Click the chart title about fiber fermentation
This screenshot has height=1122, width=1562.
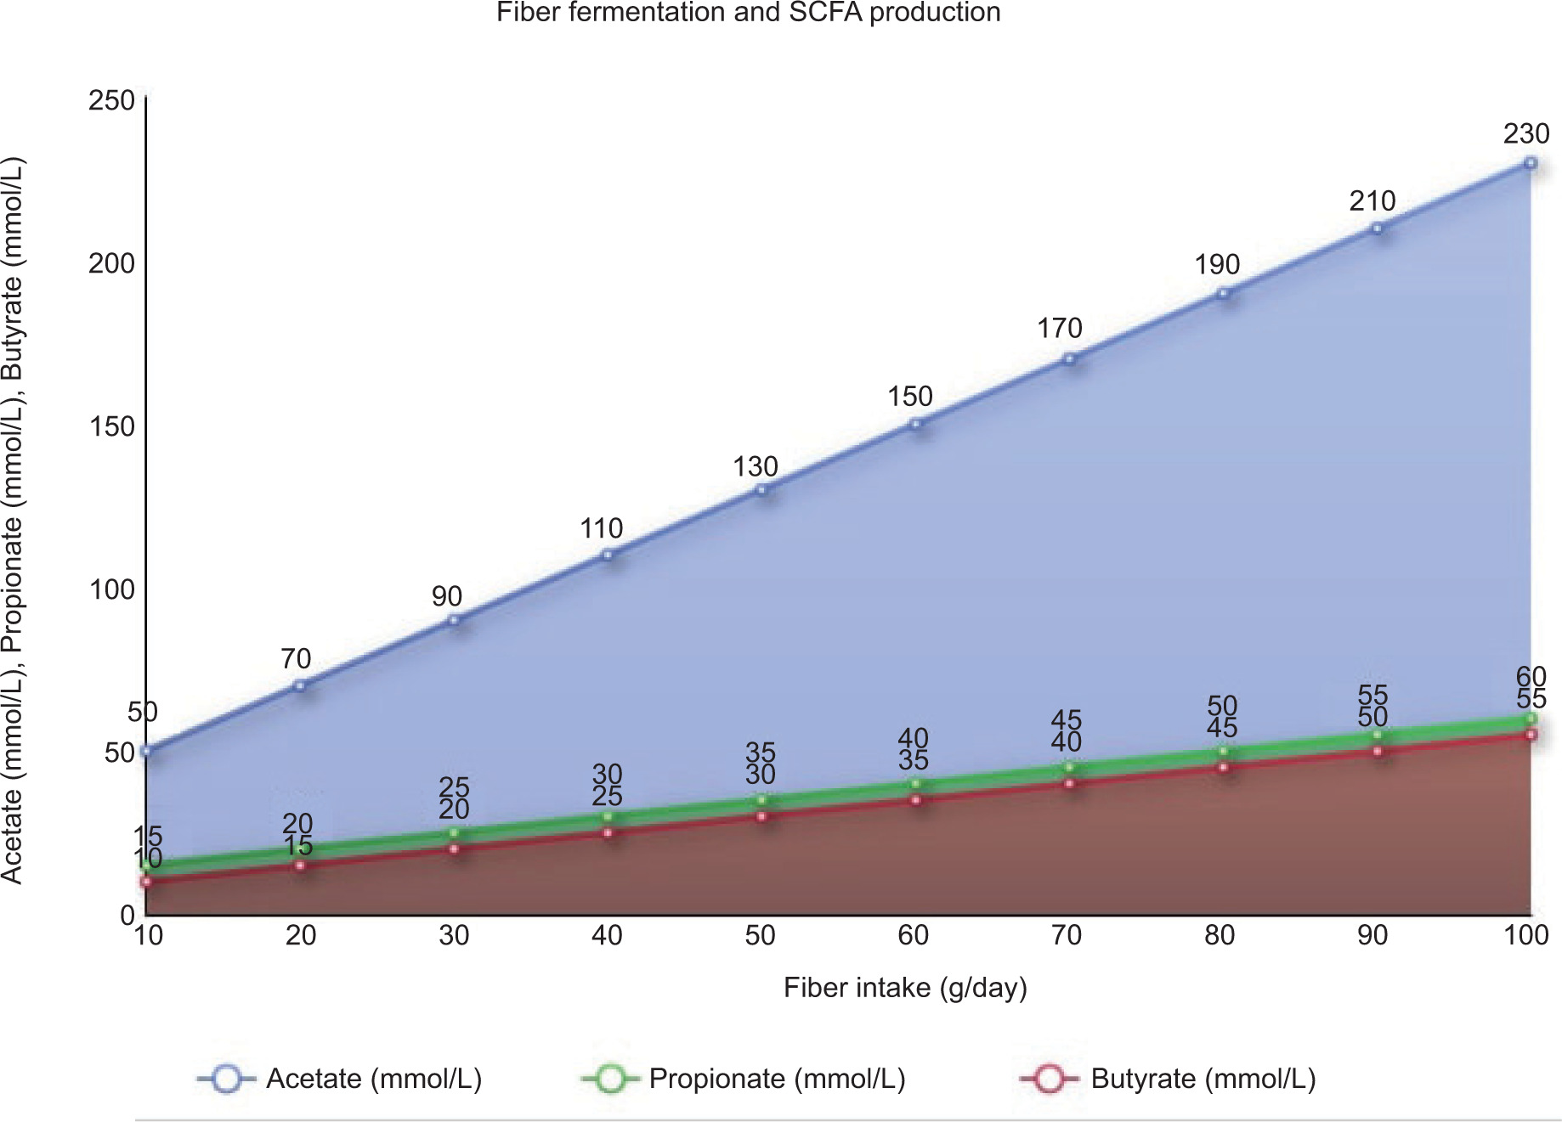(748, 13)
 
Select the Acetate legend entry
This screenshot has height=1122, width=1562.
(340, 1079)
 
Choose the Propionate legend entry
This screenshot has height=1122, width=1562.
(744, 1079)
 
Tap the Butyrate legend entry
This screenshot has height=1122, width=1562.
(1168, 1079)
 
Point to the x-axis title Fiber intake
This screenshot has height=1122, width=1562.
(905, 988)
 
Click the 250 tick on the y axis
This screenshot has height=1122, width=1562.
(112, 100)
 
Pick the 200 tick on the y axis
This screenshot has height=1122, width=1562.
(112, 263)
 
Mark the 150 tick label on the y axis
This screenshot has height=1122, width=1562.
(112, 426)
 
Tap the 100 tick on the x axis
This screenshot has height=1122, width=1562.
(1526, 935)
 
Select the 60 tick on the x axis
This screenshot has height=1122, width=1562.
(914, 935)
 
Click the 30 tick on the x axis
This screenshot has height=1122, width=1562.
(454, 935)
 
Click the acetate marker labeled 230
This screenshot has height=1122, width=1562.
(1530, 163)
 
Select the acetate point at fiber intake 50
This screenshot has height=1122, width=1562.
(762, 489)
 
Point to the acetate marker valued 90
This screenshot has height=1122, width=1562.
(454, 620)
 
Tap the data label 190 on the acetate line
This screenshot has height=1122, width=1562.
(1217, 265)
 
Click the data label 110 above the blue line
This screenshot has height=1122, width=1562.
(602, 529)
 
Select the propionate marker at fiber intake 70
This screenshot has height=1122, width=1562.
(1070, 767)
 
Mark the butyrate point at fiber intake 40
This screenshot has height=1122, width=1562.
(608, 832)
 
